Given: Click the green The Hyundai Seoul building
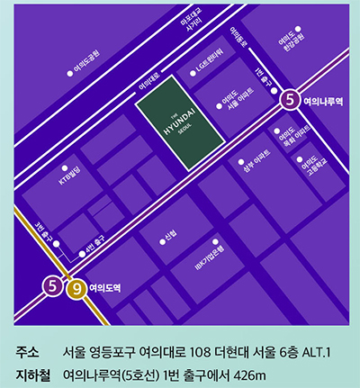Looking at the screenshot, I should (179, 128).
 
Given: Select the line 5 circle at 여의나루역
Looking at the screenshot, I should (290, 99).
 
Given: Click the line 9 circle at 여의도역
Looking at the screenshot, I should (76, 288).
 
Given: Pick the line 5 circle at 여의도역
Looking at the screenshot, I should (53, 288).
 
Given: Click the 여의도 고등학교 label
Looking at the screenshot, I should (310, 166).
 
